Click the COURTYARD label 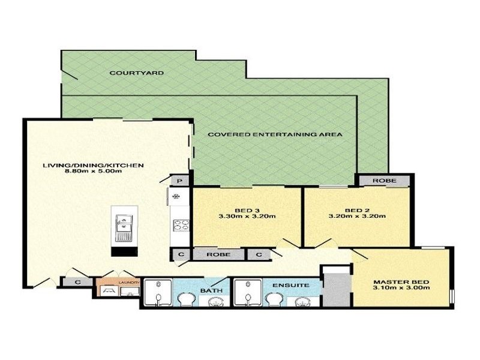(x=128, y=73)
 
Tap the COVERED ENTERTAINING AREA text (x=275, y=134)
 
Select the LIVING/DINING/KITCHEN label (x=93, y=165)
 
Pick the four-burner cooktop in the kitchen (x=181, y=225)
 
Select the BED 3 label (x=243, y=209)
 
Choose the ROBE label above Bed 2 (x=383, y=181)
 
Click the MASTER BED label (x=401, y=281)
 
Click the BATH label (x=210, y=291)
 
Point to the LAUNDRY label (x=129, y=281)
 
